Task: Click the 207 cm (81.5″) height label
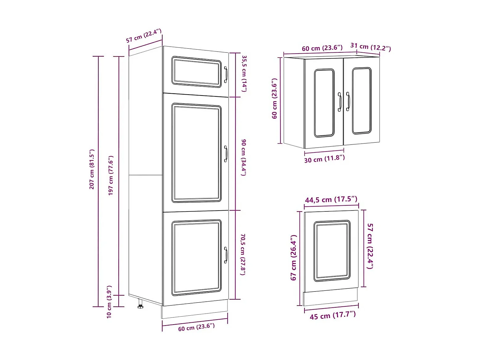click(92, 169)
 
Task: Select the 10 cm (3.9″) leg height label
click(109, 302)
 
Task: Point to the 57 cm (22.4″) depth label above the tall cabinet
click(144, 36)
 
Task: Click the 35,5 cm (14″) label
click(244, 73)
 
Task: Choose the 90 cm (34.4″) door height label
click(244, 157)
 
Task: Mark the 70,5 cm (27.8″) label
click(243, 254)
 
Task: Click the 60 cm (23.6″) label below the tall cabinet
click(196, 327)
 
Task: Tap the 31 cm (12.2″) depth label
click(370, 47)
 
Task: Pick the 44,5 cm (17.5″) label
click(331, 199)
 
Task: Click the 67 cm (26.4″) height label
click(293, 257)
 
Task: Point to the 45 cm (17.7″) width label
click(333, 315)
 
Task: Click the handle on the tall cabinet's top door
click(226, 75)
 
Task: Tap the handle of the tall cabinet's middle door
click(226, 154)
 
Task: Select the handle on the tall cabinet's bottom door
click(226, 255)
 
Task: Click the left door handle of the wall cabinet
click(340, 102)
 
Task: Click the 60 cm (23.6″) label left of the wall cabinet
click(275, 99)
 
